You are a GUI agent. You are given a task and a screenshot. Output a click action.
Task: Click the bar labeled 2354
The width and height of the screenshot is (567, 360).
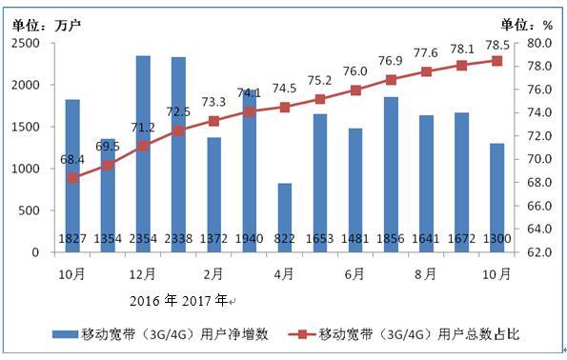[x=143, y=152]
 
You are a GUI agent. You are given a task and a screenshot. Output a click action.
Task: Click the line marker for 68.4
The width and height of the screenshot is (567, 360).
[x=72, y=178]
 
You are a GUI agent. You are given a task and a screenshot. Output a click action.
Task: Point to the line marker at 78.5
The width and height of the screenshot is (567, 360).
[x=496, y=61]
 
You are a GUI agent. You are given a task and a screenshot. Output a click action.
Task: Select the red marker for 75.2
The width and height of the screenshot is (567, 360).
[x=320, y=99]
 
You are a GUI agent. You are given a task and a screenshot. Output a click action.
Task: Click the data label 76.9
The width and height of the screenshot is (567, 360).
[x=391, y=60]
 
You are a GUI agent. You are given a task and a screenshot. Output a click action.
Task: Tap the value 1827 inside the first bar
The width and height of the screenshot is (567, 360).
[x=72, y=238]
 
